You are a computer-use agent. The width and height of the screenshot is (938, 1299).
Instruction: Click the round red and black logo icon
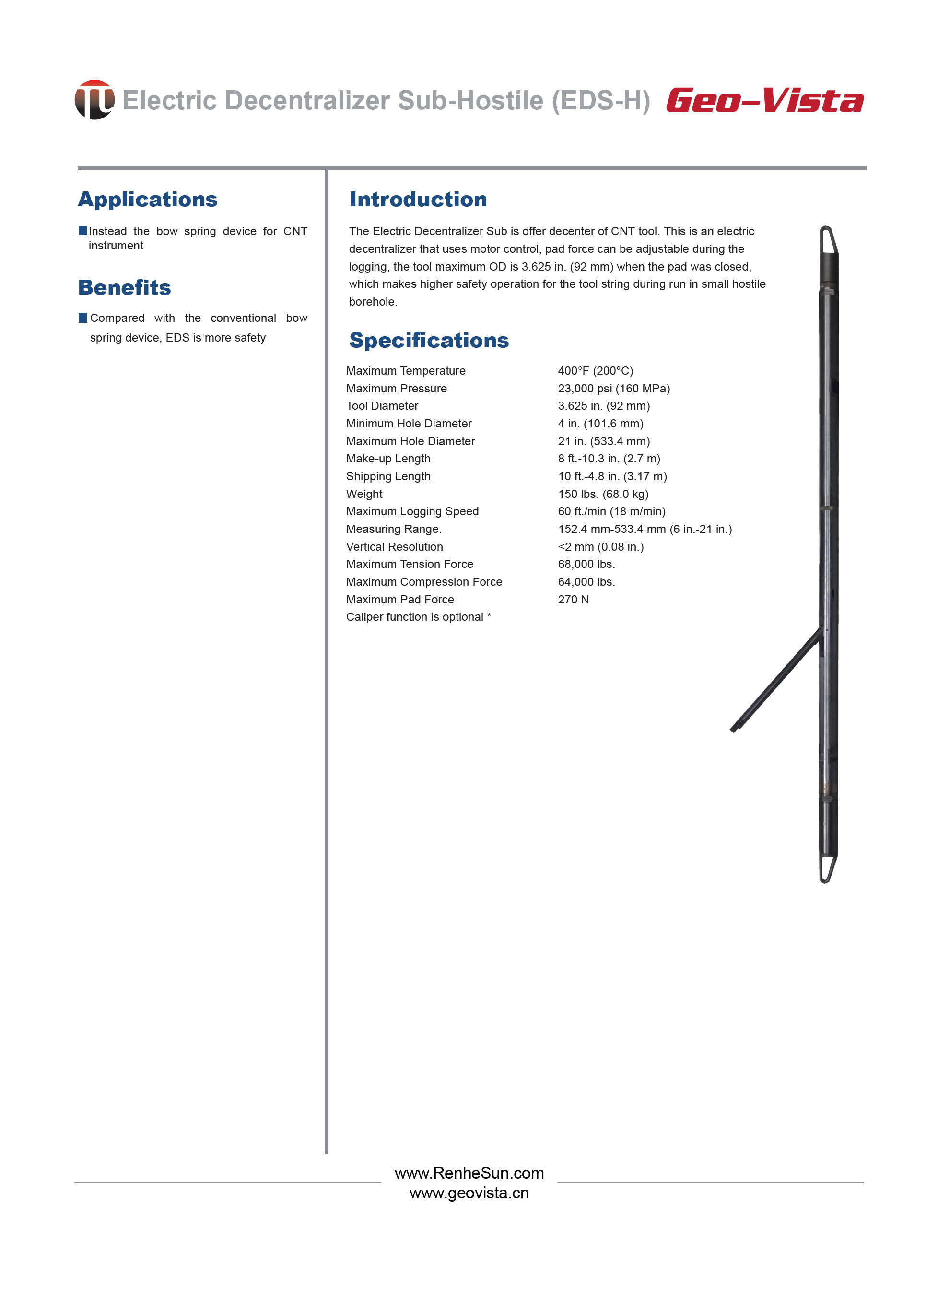tap(94, 100)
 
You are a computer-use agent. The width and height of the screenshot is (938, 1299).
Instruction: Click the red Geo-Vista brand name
tap(764, 101)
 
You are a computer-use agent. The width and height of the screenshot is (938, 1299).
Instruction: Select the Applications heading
tap(148, 200)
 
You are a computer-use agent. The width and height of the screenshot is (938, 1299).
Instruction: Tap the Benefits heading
tap(124, 287)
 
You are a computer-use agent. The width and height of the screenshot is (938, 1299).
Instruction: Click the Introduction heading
tap(418, 200)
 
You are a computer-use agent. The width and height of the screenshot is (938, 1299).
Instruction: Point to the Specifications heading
tap(429, 340)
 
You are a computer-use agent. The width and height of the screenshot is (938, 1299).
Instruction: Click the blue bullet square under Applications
tap(83, 231)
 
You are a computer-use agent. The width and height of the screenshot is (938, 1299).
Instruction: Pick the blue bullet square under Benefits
tap(83, 318)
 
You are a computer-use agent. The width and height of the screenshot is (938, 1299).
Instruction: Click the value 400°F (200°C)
tap(596, 371)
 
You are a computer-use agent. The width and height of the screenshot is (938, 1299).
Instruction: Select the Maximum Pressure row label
tap(396, 389)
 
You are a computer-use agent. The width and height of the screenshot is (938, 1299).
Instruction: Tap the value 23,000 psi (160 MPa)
tap(614, 389)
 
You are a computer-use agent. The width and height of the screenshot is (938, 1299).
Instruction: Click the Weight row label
tap(364, 494)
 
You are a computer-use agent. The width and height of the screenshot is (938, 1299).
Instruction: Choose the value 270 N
tap(573, 599)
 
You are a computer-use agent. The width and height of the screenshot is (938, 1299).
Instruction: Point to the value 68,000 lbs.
tap(586, 564)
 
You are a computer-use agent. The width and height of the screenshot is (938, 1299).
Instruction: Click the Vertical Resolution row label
tap(395, 546)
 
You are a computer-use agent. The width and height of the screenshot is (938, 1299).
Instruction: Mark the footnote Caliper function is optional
tap(419, 617)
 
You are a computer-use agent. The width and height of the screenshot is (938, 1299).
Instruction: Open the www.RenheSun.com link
tap(469, 1173)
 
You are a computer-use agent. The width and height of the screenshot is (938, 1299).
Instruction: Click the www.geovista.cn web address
tap(469, 1193)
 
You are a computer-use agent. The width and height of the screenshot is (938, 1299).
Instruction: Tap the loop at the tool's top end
tap(828, 240)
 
